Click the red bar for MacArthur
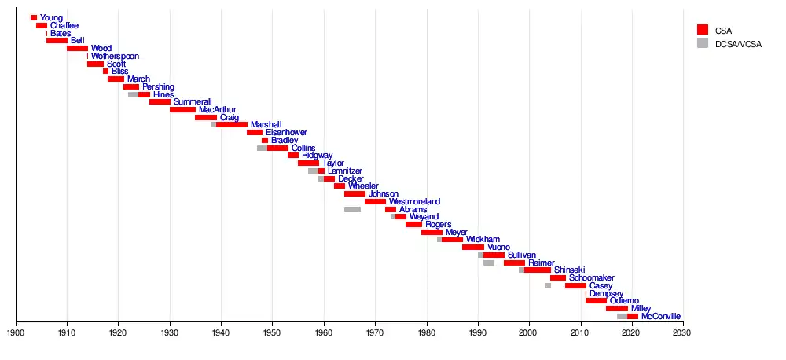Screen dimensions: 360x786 tap(182, 109)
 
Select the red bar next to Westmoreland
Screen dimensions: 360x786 tap(375, 201)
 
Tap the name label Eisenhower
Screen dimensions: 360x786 tap(286, 133)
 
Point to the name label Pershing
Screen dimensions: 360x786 tap(158, 86)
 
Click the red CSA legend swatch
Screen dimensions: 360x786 tap(703, 29)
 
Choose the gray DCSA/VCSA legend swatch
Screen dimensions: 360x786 tap(703, 42)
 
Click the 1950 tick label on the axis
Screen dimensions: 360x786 tap(273, 333)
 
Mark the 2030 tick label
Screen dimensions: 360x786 tap(683, 333)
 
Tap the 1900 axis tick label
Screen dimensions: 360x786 tap(16, 333)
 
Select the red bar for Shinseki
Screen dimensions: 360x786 tap(538, 270)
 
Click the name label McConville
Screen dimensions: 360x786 tap(661, 317)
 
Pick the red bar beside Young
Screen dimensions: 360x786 tap(34, 17)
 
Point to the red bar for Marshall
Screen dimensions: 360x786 tap(232, 125)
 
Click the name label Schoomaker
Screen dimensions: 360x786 tap(593, 278)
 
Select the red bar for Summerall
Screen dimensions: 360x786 tap(160, 102)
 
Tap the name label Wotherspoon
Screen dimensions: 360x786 tap(115, 56)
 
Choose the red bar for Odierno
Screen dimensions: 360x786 tap(596, 301)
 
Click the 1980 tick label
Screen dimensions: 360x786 tap(427, 333)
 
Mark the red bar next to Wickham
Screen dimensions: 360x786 tap(452, 240)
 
